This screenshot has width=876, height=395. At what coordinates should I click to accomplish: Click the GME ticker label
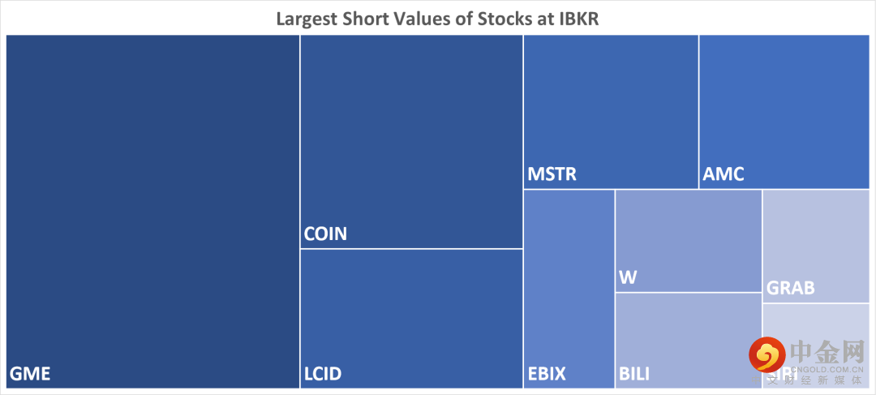(30, 374)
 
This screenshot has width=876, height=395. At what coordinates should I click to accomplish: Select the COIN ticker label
(325, 234)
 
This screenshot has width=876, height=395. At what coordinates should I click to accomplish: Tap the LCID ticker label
(323, 374)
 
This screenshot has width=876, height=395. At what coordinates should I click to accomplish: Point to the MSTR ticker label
(552, 174)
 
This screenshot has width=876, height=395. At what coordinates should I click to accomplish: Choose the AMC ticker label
(724, 174)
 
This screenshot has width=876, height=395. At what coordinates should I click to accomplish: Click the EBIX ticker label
(547, 374)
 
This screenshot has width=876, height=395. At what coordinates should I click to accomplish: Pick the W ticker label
(628, 277)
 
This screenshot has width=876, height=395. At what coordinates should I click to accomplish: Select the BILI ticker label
(634, 374)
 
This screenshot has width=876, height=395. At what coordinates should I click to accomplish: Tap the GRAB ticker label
(790, 288)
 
